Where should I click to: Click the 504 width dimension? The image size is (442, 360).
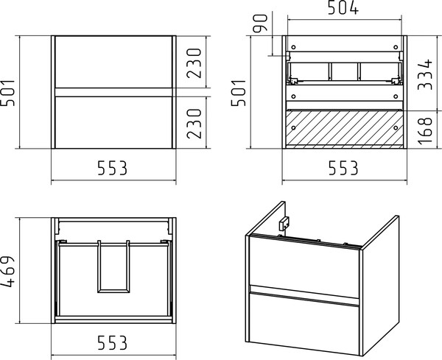click(x=343, y=8)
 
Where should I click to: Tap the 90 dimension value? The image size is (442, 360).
click(x=260, y=24)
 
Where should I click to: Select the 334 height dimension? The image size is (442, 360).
click(x=425, y=74)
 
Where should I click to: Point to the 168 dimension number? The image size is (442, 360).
click(x=425, y=131)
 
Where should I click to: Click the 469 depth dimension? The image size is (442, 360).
click(x=8, y=272)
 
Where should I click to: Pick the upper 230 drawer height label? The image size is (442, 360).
click(x=194, y=63)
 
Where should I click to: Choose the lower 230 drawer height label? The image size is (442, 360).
click(x=194, y=124)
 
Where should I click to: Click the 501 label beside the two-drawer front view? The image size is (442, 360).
click(x=8, y=93)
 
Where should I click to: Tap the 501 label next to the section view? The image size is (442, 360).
click(x=239, y=93)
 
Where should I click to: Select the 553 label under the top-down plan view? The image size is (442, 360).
click(x=112, y=342)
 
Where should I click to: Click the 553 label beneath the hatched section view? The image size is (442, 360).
click(x=343, y=168)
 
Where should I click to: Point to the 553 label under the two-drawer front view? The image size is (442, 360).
click(x=112, y=168)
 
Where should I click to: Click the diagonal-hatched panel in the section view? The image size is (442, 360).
click(x=345, y=130)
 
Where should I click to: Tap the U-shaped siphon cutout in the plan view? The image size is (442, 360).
click(x=113, y=290)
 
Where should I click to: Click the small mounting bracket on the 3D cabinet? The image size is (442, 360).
click(x=284, y=224)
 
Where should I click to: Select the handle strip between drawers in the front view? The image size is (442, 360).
click(x=113, y=92)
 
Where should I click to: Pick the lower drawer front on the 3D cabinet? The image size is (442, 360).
click(x=304, y=323)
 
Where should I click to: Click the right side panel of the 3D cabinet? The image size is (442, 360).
click(x=380, y=285)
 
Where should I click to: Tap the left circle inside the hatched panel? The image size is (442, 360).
click(x=293, y=128)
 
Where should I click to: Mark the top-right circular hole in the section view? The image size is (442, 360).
click(x=396, y=47)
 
